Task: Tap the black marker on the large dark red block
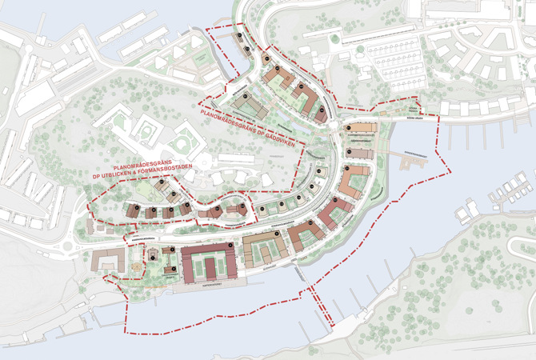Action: pos(230,244)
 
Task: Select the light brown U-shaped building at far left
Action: pos(105,261)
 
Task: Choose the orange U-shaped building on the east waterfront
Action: pos(351,182)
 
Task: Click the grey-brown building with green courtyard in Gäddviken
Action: pos(254,107)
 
